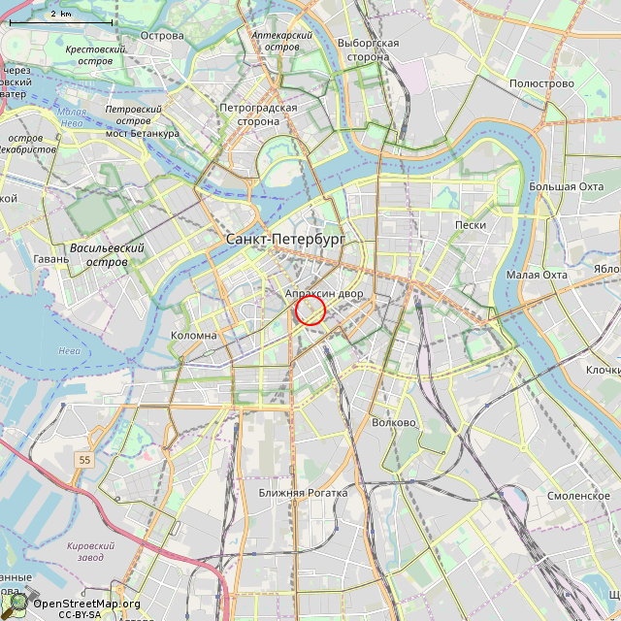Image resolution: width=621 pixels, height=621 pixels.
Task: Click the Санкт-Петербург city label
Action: (284, 239)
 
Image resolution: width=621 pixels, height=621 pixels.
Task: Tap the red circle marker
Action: (310, 310)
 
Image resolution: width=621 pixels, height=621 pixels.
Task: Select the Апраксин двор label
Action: (324, 293)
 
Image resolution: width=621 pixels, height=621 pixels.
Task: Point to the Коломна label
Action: (194, 335)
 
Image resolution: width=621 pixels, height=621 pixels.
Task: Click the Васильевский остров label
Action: (107, 255)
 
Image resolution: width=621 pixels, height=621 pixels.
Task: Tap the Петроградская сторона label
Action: (258, 114)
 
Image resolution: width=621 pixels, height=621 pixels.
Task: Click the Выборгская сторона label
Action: (369, 49)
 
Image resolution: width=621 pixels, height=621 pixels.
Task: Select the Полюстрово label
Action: (541, 83)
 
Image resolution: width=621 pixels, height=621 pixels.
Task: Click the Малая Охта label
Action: (537, 275)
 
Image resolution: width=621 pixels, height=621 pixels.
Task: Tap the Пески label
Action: (470, 225)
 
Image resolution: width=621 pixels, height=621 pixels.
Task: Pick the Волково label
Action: (394, 422)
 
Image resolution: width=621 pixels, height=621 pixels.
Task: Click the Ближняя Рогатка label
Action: (303, 493)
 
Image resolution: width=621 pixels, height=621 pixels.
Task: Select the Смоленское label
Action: (578, 496)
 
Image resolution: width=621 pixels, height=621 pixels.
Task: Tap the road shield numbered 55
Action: (85, 459)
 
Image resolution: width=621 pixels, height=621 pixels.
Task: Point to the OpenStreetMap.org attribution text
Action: (87, 604)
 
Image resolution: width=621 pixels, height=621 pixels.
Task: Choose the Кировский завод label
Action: (91, 552)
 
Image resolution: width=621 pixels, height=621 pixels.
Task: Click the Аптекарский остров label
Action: (281, 41)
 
